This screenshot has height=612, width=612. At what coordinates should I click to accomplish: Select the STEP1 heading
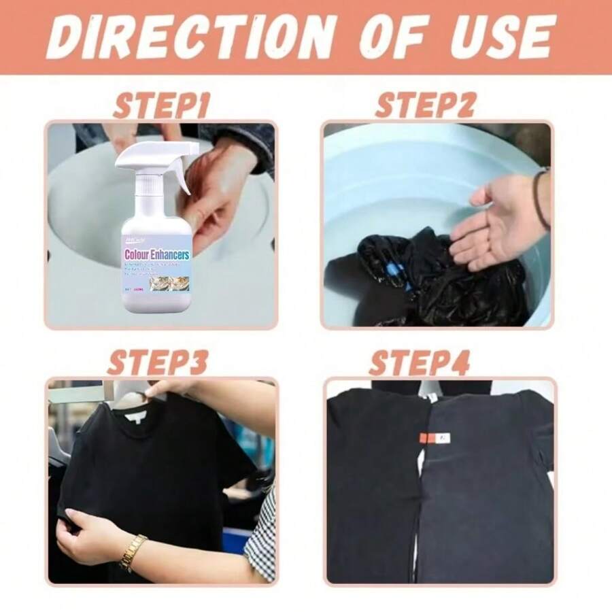(162, 107)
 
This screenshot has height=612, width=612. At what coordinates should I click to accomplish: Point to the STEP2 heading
(425, 106)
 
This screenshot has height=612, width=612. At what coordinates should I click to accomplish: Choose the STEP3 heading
(158, 362)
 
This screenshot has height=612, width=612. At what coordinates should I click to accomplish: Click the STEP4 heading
(420, 363)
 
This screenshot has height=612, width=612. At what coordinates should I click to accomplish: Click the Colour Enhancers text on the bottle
(157, 254)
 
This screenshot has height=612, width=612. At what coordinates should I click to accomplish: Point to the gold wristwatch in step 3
(133, 551)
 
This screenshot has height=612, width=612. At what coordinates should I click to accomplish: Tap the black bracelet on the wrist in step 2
(541, 197)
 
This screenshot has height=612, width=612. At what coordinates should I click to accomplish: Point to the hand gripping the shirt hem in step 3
(85, 537)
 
